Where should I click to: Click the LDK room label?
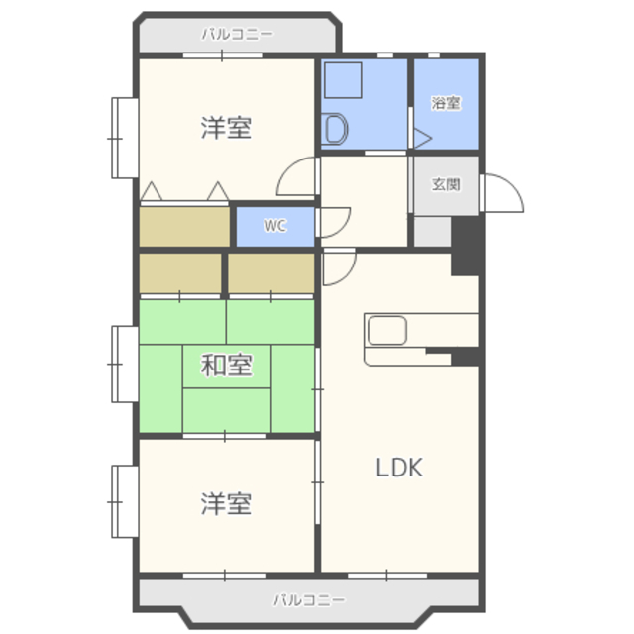[399, 468]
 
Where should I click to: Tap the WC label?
[275, 225]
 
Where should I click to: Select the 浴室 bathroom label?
[446, 103]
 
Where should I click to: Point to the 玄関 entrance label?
[446, 184]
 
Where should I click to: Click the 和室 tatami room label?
[227, 365]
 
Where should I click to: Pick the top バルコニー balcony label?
[238, 34]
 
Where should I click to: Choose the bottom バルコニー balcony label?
[310, 599]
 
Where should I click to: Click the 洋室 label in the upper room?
[227, 128]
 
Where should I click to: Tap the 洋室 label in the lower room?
[227, 504]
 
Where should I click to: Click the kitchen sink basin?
[387, 330]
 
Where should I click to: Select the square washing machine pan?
[343, 80]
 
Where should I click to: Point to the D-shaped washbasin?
[336, 129]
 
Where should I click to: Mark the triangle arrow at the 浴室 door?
[423, 139]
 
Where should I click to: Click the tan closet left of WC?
[184, 227]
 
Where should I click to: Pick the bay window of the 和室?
[125, 365]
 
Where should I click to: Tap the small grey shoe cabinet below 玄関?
[432, 231]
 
